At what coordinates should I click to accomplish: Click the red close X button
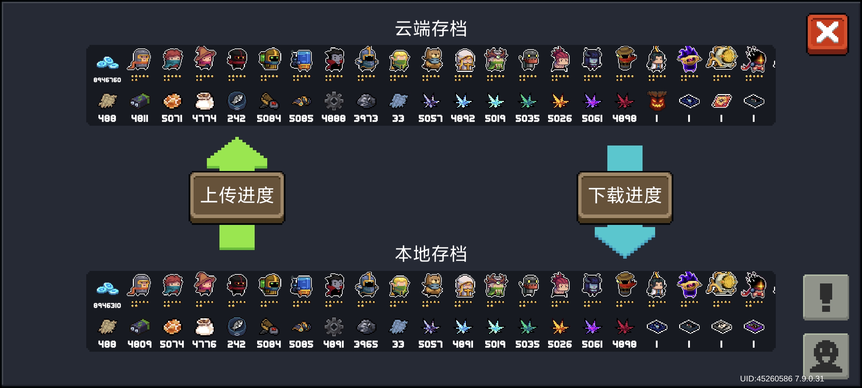pos(828,34)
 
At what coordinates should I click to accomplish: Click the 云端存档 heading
pos(431,28)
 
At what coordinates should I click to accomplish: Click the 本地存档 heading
pos(431,254)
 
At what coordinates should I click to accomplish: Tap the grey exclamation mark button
pos(826,297)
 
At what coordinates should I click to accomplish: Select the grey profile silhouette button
pos(826,356)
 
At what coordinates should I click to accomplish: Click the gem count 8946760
pos(107,80)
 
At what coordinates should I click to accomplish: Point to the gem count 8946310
pos(107,305)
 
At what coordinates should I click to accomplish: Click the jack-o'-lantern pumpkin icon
pos(657,101)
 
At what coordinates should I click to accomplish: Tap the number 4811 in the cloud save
pos(140,118)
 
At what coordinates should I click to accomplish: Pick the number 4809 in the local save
pos(140,344)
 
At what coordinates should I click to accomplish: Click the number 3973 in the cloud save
pos(366,118)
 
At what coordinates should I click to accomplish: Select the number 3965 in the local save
pos(366,344)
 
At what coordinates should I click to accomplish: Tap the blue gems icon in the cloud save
pos(107,63)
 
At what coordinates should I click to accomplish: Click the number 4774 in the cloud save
pos(204,118)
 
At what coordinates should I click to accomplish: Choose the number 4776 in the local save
pos(204,344)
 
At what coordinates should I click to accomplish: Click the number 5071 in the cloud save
pos(172,118)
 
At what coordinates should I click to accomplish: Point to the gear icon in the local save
pos(334,327)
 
